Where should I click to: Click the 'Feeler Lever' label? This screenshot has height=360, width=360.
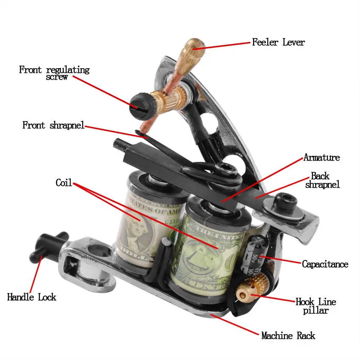pos(278,42)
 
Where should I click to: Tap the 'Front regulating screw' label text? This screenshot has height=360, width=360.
pos(54,72)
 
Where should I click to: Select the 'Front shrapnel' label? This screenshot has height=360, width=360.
pos(53,125)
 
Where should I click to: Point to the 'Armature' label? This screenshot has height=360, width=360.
pos(321,158)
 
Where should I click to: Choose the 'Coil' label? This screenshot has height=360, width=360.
pos(64,183)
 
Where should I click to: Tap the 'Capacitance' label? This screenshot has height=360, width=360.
pos(325,264)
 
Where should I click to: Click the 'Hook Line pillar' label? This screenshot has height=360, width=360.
pos(316,306)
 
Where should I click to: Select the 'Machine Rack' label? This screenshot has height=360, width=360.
pos(288,336)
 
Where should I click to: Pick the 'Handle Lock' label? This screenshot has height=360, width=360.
pos(32,297)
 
